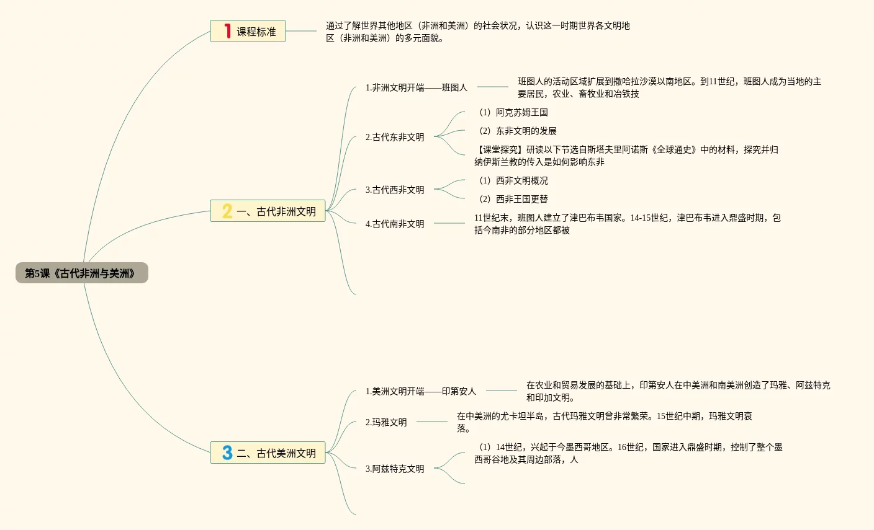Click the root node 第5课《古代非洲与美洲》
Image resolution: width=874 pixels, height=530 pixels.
click(x=81, y=273)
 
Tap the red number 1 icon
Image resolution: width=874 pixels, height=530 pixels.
click(x=227, y=31)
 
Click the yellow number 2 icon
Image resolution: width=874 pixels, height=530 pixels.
click(x=227, y=211)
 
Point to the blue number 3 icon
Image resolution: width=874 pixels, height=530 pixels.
click(x=227, y=453)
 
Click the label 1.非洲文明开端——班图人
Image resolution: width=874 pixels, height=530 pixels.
click(x=416, y=87)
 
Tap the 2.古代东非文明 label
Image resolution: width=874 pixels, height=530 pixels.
click(x=395, y=137)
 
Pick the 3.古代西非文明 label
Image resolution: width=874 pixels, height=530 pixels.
click(x=395, y=190)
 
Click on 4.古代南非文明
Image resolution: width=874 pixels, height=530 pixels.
click(x=395, y=224)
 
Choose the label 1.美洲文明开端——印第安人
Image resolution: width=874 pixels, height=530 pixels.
click(x=420, y=391)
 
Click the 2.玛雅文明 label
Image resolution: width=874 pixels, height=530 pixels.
click(x=386, y=422)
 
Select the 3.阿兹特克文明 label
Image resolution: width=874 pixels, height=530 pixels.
click(x=395, y=469)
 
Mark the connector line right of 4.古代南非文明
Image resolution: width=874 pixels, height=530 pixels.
click(x=449, y=223)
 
